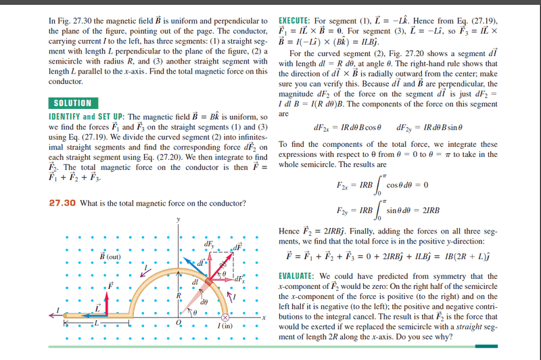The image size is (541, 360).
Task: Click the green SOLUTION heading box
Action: coord(70,103)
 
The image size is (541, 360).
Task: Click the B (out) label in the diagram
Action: coord(110,257)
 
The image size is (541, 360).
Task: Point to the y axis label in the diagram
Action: coord(179,220)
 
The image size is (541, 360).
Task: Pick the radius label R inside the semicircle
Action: coord(177,295)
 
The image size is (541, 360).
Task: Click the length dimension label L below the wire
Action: coord(96,325)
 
